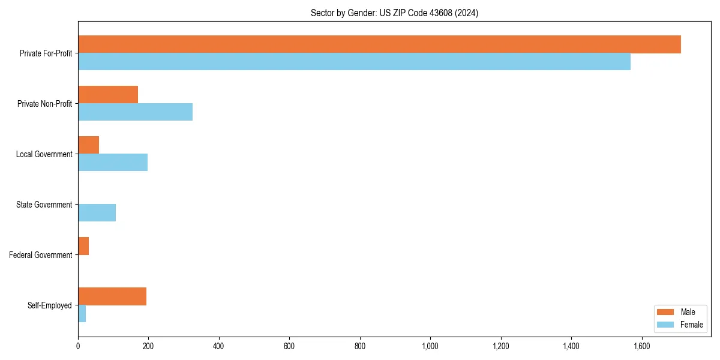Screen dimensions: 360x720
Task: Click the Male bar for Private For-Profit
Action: (x=379, y=44)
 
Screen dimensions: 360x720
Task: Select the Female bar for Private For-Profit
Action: (x=354, y=62)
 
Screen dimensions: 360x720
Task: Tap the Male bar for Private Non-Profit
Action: (x=108, y=95)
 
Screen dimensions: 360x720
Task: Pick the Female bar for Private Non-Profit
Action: (x=135, y=112)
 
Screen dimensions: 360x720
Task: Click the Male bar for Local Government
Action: (x=88, y=145)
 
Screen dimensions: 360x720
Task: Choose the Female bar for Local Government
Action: (x=113, y=163)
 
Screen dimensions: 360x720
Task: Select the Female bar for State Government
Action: (x=97, y=213)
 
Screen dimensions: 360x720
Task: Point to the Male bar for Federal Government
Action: (x=83, y=246)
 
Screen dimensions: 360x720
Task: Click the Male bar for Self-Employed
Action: (x=112, y=296)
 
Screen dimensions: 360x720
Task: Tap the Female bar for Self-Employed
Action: (x=82, y=314)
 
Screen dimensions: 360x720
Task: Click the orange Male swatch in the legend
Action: (x=665, y=312)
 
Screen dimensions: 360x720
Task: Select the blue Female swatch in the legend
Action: (x=665, y=325)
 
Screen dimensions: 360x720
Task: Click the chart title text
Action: (x=394, y=13)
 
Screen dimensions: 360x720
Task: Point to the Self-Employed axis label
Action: (x=50, y=305)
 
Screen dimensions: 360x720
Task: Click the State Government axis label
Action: (x=44, y=205)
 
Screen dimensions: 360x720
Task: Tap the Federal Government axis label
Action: (x=41, y=255)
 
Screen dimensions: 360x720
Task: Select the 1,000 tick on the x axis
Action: (x=430, y=346)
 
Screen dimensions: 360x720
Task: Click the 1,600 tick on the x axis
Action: (x=642, y=346)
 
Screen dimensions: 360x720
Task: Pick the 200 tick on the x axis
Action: (x=148, y=346)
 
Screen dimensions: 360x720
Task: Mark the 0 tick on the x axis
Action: (x=78, y=346)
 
